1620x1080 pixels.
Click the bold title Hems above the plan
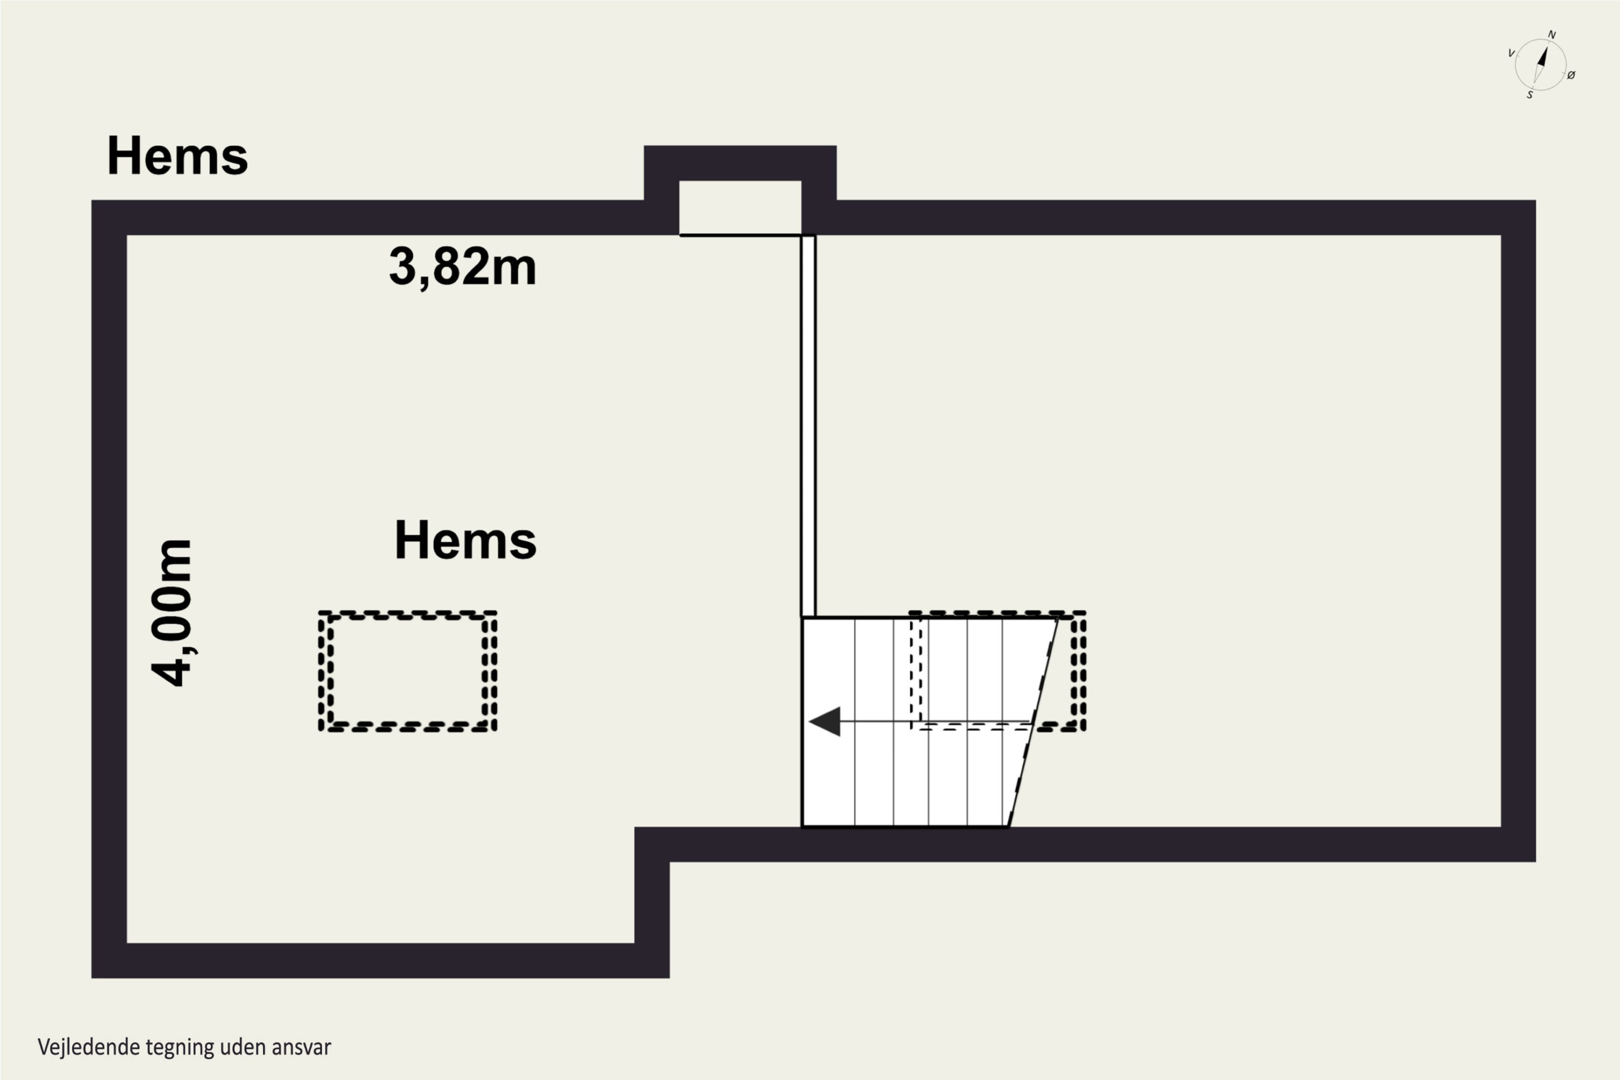pyautogui.click(x=178, y=156)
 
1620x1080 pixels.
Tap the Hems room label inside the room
pyautogui.click(x=465, y=540)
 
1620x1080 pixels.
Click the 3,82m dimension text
pyautogui.click(x=462, y=267)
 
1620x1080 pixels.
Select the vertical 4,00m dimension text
pyautogui.click(x=172, y=613)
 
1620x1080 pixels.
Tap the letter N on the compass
pyautogui.click(x=1552, y=35)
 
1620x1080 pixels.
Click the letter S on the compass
pyautogui.click(x=1530, y=95)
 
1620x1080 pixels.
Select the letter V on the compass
pyautogui.click(x=1511, y=53)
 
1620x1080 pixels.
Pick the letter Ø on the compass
pyautogui.click(x=1571, y=75)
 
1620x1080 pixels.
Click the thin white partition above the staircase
pyautogui.click(x=808, y=426)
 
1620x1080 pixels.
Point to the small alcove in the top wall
pyautogui.click(x=740, y=207)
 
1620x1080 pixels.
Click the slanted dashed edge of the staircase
pyautogui.click(x=1032, y=722)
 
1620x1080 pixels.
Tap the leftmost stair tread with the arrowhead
pyautogui.click(x=828, y=722)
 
